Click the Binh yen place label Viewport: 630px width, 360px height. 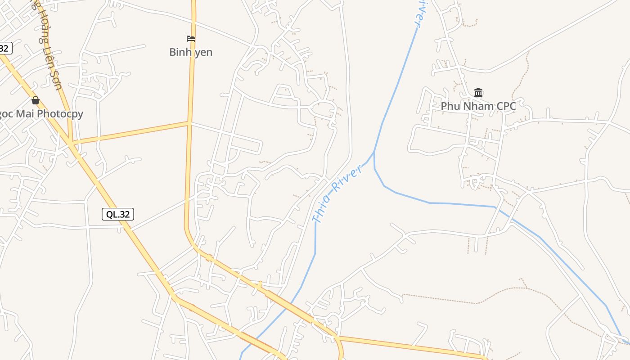coord(191,52)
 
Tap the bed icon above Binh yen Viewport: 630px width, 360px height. coord(191,39)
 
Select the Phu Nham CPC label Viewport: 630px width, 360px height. coord(478,106)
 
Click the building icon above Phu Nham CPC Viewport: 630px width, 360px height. coord(478,93)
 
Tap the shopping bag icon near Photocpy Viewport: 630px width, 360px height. coord(36,100)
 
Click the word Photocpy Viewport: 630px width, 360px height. coord(60,114)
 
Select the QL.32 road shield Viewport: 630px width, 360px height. coord(118,214)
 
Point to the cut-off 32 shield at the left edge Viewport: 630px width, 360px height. coord(4,48)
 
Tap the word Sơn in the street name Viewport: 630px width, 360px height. coord(56,81)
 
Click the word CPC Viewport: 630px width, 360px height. coord(504,106)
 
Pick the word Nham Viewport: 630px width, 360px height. coord(474,106)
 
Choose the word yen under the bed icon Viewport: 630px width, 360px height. coord(202,52)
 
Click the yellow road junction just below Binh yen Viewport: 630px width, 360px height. coord(189,122)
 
